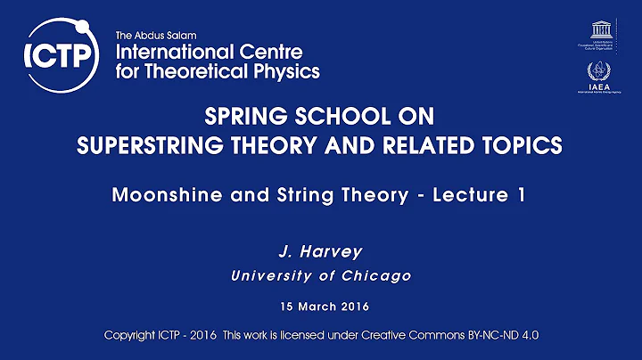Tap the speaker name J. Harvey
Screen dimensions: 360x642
tap(320, 250)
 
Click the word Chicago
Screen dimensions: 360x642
tap(377, 275)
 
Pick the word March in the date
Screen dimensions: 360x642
tap(317, 306)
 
